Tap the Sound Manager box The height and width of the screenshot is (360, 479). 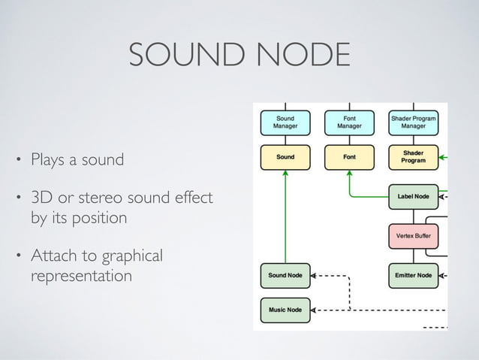tap(285, 123)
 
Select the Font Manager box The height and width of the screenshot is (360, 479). tap(349, 123)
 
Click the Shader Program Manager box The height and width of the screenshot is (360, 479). tap(414, 123)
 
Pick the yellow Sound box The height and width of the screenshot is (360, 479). tap(285, 157)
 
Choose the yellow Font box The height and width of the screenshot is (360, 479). tap(349, 157)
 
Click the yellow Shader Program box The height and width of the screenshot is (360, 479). tap(414, 156)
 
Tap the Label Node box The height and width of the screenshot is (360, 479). tap(414, 197)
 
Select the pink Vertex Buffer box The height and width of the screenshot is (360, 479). tap(414, 236)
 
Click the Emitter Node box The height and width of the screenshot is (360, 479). tap(414, 275)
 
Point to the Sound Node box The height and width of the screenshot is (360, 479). tap(285, 275)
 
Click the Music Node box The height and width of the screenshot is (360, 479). tap(285, 309)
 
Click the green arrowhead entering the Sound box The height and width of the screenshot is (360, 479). tap(285, 174)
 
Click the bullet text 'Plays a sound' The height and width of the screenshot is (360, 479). tap(77, 160)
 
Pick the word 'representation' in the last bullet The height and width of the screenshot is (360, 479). tap(81, 276)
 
